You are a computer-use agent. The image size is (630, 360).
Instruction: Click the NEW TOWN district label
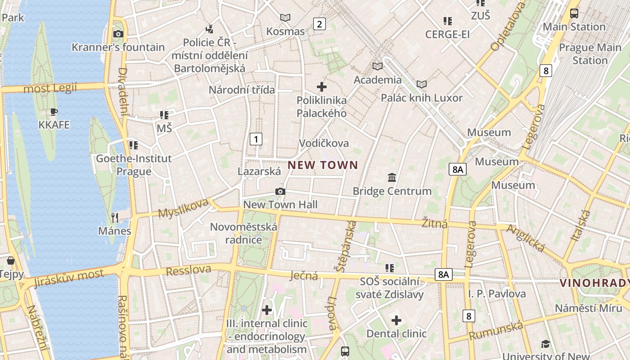[x=323, y=165]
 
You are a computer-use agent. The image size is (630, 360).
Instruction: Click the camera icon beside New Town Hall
[x=280, y=192]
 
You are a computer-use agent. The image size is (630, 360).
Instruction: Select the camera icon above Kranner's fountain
[x=118, y=34]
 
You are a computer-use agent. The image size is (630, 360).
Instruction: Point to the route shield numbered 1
[x=256, y=139]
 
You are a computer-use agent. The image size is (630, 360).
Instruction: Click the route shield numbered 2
[x=319, y=24]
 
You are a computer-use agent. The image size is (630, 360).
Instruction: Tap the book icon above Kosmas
[x=285, y=18]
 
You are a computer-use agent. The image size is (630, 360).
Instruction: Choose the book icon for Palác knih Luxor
[x=422, y=85]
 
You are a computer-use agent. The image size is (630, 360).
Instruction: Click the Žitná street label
[x=435, y=222]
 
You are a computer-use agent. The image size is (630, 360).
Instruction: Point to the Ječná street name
[x=304, y=275]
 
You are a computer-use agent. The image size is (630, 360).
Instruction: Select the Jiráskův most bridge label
[x=68, y=278]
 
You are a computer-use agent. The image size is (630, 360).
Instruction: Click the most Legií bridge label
[x=50, y=88]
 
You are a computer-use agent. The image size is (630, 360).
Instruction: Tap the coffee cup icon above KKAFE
[x=54, y=112]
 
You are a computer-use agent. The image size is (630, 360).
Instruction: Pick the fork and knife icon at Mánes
[x=115, y=218]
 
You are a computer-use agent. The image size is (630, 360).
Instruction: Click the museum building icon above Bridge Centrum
[x=392, y=178]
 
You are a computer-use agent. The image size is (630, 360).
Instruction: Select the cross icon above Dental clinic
[x=396, y=320]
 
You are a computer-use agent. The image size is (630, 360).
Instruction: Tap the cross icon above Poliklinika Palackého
[x=322, y=86]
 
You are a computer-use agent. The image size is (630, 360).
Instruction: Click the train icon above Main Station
[x=574, y=13]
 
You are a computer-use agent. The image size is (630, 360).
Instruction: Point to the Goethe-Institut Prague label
[x=134, y=165]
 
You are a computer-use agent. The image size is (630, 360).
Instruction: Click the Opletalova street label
[x=508, y=26]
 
